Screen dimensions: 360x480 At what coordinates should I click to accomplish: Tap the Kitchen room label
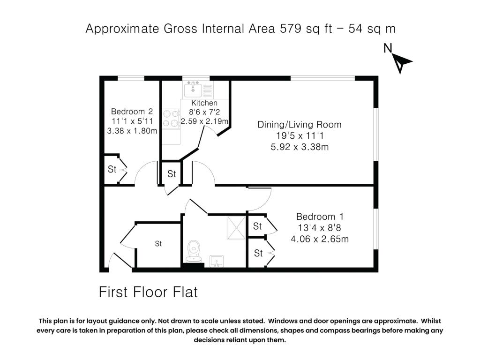pyautogui.click(x=204, y=103)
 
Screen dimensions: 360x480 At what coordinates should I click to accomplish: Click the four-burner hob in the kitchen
pyautogui.click(x=171, y=118)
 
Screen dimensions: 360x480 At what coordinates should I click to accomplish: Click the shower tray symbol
pyautogui.click(x=237, y=227)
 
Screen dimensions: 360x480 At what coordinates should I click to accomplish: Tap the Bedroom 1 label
pyautogui.click(x=320, y=217)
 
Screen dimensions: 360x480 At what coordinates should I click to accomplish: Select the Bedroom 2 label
pyautogui.click(x=132, y=112)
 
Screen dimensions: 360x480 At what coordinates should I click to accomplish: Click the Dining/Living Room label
pyautogui.click(x=299, y=125)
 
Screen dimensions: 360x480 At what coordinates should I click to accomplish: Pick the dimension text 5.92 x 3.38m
pyautogui.click(x=299, y=147)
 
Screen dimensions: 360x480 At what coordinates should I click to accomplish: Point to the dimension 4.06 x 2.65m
pyautogui.click(x=320, y=239)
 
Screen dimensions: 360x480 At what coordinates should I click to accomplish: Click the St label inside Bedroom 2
pyautogui.click(x=112, y=169)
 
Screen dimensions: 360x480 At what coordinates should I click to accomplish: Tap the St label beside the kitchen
pyautogui.click(x=172, y=174)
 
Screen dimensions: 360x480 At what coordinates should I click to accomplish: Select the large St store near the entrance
pyautogui.click(x=158, y=244)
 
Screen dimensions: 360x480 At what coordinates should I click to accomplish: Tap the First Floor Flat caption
pyautogui.click(x=148, y=292)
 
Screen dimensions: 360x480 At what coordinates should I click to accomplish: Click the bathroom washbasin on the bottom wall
pyautogui.click(x=217, y=260)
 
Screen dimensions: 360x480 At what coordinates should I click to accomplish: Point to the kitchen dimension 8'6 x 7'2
pyautogui.click(x=204, y=112)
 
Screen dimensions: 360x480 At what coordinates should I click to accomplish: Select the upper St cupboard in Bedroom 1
pyautogui.click(x=257, y=226)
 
